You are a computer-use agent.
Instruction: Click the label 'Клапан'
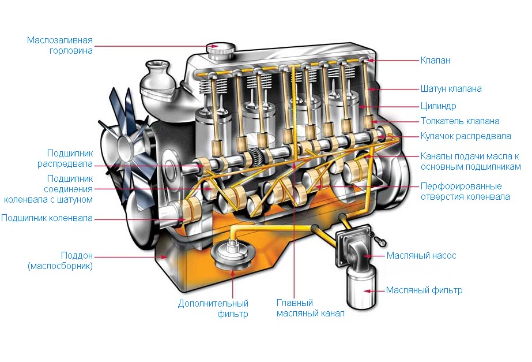click(435, 60)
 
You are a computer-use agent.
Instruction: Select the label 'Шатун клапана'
click(451, 89)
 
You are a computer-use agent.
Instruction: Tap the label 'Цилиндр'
click(438, 106)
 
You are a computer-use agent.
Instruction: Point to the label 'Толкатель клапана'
click(459, 121)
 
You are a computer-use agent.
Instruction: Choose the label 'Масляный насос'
click(421, 255)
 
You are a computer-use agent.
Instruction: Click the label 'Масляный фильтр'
click(424, 290)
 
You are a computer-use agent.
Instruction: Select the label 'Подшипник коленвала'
click(47, 218)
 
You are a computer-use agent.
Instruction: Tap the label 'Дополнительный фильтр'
click(213, 308)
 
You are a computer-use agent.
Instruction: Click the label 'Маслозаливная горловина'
click(60, 46)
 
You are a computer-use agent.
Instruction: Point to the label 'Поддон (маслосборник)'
click(60, 260)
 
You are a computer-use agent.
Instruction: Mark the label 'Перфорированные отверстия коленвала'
click(465, 191)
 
